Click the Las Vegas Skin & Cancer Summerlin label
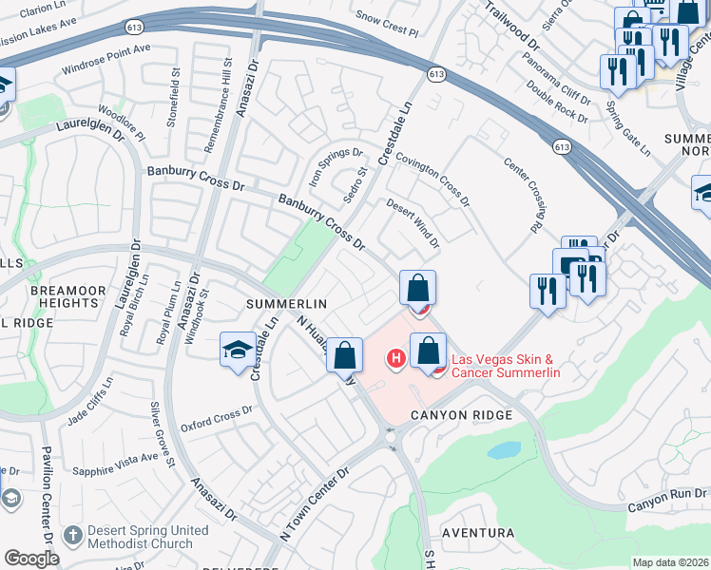coord(505,366)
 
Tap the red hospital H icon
coord(394,358)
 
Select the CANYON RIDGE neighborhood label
coord(461,415)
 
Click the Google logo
coord(31,559)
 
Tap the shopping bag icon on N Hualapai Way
coord(347,357)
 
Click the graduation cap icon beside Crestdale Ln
coord(238,350)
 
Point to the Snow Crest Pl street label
coord(386,24)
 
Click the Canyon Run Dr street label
coord(667,499)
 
